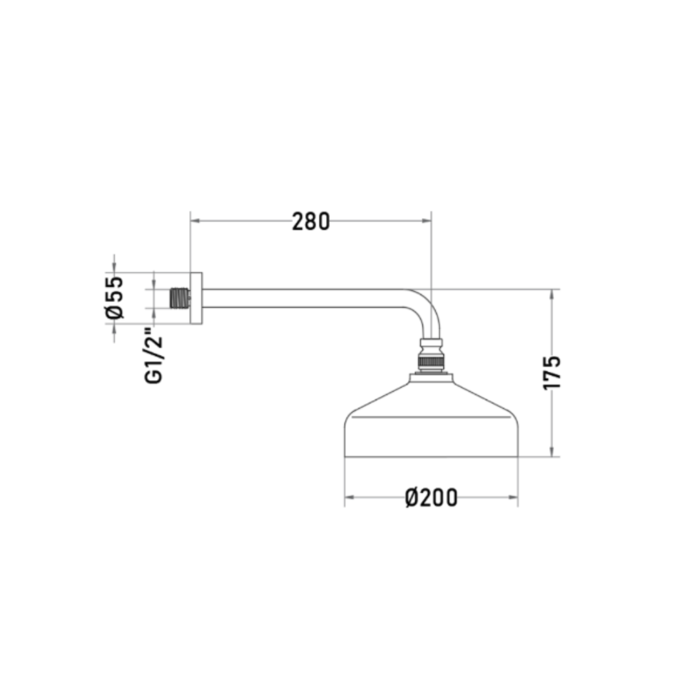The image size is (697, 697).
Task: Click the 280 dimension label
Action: tap(310, 221)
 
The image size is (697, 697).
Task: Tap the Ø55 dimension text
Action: tap(114, 298)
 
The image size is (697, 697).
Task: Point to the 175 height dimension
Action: tap(552, 372)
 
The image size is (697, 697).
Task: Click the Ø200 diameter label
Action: tap(431, 498)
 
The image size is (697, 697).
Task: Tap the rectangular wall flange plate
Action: tap(196, 298)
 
